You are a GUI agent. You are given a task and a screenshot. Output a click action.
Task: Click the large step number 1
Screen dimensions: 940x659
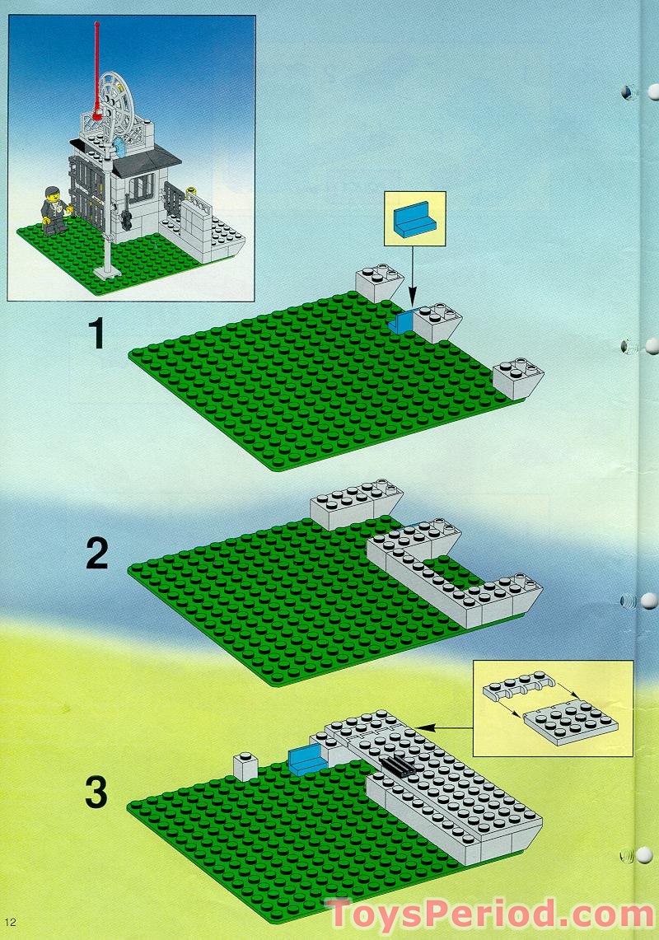pos(97,335)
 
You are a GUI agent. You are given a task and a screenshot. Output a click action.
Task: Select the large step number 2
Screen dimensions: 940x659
pos(97,554)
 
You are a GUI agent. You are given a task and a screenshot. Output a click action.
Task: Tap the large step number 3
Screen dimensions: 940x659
pos(97,793)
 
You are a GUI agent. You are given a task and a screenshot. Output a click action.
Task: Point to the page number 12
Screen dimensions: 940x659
pos(10,921)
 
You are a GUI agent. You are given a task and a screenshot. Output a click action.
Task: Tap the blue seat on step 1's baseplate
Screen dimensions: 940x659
pos(401,322)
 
